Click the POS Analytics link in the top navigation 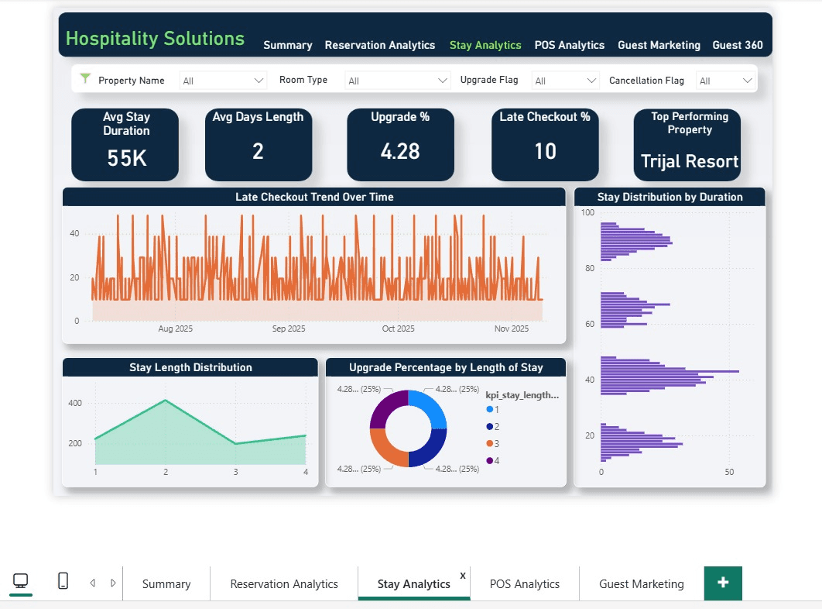point(569,45)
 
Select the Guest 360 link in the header point(737,45)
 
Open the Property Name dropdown point(223,81)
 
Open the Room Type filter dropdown point(398,81)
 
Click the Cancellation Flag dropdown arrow point(747,81)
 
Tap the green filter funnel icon point(86,80)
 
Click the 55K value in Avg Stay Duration point(127,158)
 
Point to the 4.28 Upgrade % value point(399,151)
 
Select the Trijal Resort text point(689,162)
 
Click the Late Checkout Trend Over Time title point(314,198)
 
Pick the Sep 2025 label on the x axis point(289,329)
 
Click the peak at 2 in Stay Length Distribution point(165,401)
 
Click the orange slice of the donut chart point(387,447)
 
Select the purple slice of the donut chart point(388,409)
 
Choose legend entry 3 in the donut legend point(496,443)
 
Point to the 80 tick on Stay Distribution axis point(589,268)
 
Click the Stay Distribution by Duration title point(670,197)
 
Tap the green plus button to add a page point(723,583)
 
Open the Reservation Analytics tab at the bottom point(284,584)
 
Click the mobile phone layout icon point(63,581)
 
